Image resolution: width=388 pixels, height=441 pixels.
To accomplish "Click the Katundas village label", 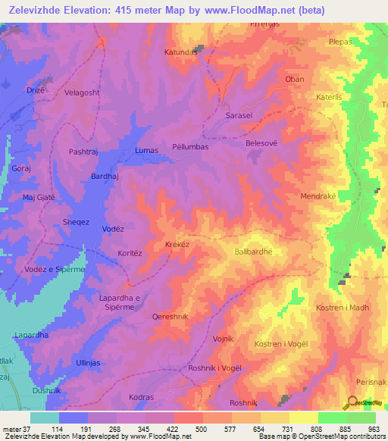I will (x=181, y=52).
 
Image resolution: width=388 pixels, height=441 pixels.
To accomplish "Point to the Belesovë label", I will (x=262, y=142).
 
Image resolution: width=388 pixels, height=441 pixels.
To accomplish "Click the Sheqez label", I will (x=76, y=222).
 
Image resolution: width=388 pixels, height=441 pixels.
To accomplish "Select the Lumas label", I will (x=146, y=150).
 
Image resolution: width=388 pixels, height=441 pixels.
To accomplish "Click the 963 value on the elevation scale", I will (x=373, y=429).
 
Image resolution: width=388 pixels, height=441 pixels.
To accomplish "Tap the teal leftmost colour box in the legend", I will (x=44, y=418).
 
